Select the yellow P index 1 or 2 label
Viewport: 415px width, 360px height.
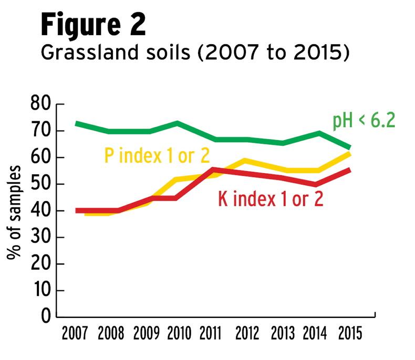tap(157, 155)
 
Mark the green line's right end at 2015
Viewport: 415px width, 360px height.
tap(349, 147)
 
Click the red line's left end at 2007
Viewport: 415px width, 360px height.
tap(77, 210)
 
